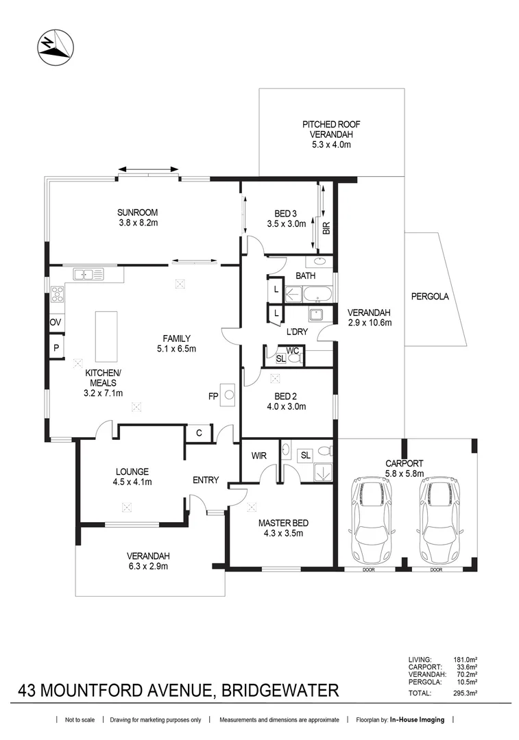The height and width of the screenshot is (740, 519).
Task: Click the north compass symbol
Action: [x=53, y=47]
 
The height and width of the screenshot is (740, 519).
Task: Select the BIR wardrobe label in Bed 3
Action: [x=326, y=227]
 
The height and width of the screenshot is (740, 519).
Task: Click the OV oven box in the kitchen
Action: [x=55, y=322]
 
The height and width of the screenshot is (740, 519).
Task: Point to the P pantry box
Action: [x=55, y=347]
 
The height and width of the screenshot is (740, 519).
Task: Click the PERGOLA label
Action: [x=430, y=297]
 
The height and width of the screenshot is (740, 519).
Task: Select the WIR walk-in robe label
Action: [x=258, y=454]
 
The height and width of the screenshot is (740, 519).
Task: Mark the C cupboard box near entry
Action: [x=198, y=432]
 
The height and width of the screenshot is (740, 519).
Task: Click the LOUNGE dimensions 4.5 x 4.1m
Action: [x=132, y=482]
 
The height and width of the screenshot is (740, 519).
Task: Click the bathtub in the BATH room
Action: [x=319, y=296]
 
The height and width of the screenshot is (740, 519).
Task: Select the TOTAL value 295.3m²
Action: [x=466, y=693]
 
